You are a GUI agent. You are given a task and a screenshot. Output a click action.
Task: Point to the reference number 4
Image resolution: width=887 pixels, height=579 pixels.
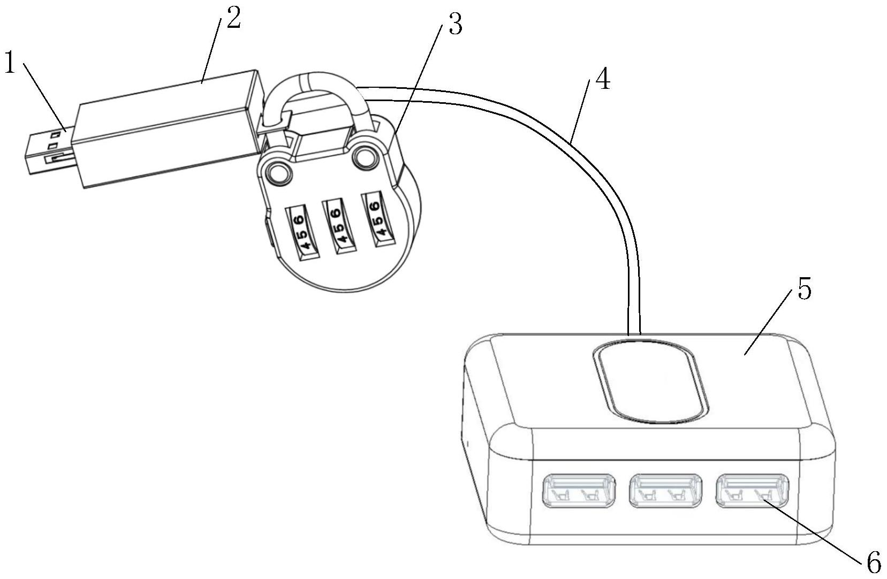602,81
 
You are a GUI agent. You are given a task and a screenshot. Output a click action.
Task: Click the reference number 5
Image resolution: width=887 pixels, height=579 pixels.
804,290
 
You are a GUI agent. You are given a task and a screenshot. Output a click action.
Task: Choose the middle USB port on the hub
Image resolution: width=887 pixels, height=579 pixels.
665,490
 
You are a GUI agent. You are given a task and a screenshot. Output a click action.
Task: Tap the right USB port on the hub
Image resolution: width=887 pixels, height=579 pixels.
752,490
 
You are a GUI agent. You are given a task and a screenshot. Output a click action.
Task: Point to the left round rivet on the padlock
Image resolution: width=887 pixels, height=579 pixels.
278,172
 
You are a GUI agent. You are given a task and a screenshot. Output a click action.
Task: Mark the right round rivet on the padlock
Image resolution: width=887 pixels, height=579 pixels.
366,156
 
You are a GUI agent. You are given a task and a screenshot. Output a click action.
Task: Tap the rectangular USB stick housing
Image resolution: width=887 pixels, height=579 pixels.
166,128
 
